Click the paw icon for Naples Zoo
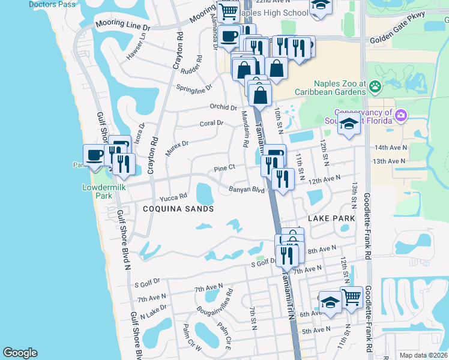click(x=375, y=88)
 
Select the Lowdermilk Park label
click(x=97, y=191)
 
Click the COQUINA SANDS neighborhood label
click(x=178, y=209)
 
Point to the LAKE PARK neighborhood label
click(x=331, y=219)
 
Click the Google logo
click(x=20, y=353)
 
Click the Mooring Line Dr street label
click(x=122, y=27)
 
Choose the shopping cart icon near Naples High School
click(x=228, y=10)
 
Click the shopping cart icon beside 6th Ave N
click(x=351, y=296)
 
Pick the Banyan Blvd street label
click(x=246, y=190)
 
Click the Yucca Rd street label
click(x=173, y=197)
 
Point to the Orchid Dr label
click(x=223, y=107)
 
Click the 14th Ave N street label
click(x=390, y=148)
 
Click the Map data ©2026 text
click(x=423, y=355)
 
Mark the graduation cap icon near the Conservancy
click(x=348, y=124)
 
